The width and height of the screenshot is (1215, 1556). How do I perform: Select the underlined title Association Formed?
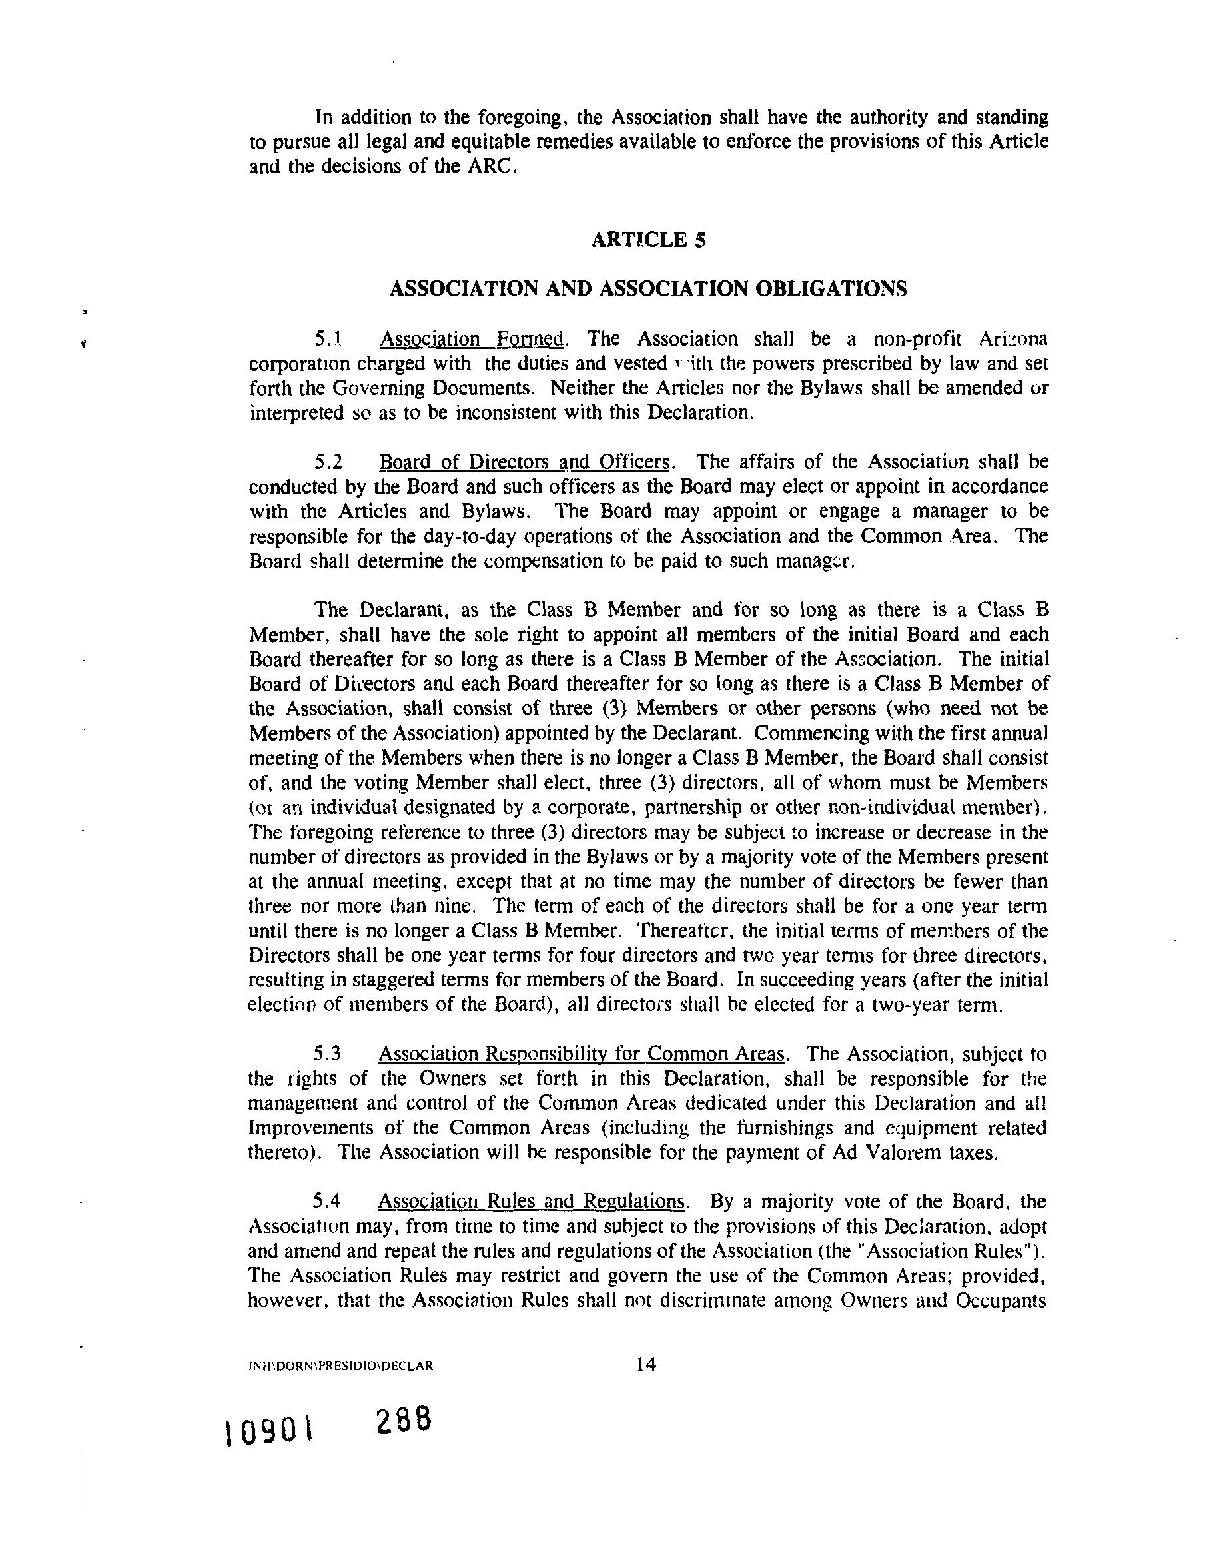(x=472, y=338)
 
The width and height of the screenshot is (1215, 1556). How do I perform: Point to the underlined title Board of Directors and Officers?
(x=524, y=462)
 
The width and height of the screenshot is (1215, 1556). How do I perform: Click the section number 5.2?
(x=328, y=462)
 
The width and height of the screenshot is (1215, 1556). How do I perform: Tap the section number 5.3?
(x=327, y=1054)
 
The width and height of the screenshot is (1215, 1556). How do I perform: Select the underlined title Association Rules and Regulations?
(x=531, y=1201)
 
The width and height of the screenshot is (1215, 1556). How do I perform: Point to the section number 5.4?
(x=326, y=1201)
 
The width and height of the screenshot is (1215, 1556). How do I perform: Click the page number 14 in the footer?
(x=646, y=1364)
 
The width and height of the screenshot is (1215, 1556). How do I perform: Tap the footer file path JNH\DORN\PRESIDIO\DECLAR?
(x=339, y=1366)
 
